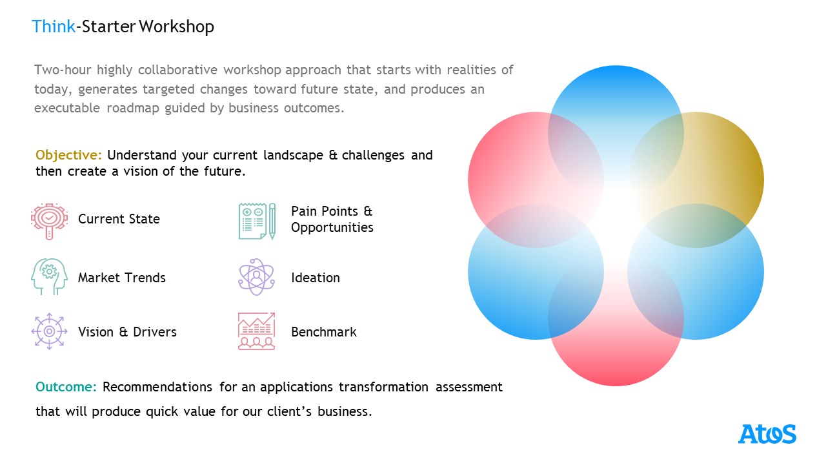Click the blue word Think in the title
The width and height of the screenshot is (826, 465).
tap(54, 26)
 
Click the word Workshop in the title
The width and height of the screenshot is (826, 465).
tap(177, 27)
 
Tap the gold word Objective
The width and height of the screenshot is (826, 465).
tap(68, 156)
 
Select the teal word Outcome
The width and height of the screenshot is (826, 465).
tap(66, 387)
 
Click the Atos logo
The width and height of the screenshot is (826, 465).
tap(767, 434)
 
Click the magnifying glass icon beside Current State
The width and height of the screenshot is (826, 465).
tap(49, 221)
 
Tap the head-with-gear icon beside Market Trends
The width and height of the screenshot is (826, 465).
tap(49, 276)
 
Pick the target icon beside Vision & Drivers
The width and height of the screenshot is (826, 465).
tap(49, 331)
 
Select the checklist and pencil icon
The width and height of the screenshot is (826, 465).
tap(257, 221)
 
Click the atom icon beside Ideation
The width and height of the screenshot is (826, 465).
tap(257, 277)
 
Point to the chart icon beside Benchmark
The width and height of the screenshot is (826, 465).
tap(257, 331)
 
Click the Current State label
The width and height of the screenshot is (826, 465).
tap(119, 219)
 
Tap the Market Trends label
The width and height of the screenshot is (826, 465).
tap(122, 278)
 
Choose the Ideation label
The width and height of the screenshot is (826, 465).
tap(316, 278)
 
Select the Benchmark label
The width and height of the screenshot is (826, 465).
tap(324, 332)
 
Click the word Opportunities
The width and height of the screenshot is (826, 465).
tap(332, 228)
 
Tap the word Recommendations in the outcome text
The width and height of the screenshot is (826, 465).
tap(157, 387)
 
